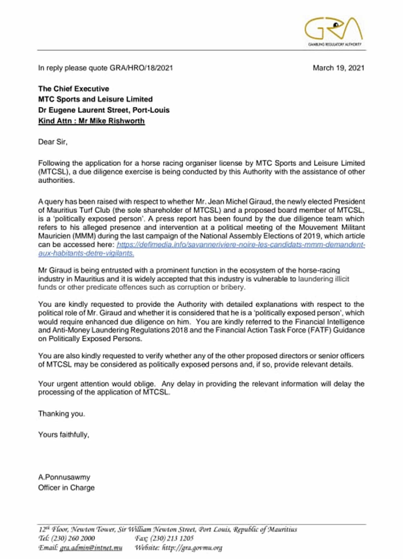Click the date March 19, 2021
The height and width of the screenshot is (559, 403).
coord(338,68)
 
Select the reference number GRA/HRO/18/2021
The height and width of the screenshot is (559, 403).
coord(141,68)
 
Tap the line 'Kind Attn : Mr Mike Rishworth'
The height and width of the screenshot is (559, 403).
coord(91,121)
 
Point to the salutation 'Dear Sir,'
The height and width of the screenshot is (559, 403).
coord(53,142)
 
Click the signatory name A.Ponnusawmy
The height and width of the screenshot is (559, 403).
coord(64,477)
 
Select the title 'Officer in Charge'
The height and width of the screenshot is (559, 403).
coord(66,488)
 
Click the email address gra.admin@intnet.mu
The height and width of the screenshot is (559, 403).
coord(91,548)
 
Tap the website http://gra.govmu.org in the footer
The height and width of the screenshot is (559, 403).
coord(192,548)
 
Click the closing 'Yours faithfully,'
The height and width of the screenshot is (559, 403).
coord(64,435)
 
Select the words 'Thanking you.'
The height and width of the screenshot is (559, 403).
coord(61,414)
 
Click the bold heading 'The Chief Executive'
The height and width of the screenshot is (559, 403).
coord(73,89)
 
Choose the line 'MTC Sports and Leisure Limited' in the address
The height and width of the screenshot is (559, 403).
coord(95,100)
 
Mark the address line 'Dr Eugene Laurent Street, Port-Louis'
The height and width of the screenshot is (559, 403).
coord(104,110)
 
